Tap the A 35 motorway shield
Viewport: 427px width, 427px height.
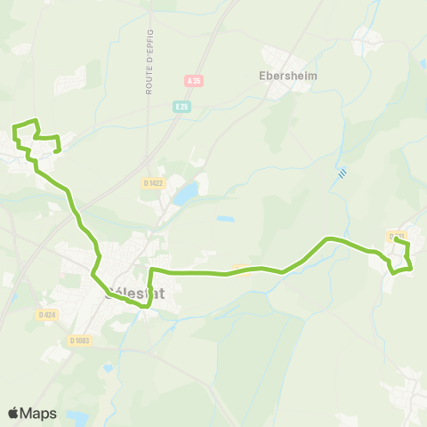click(x=193, y=81)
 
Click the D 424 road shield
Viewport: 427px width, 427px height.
click(x=47, y=314)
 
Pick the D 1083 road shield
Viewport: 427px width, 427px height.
click(x=79, y=340)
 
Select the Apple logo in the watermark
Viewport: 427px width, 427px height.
click(x=14, y=413)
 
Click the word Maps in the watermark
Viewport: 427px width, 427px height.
click(x=39, y=413)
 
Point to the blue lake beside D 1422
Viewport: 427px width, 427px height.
click(x=186, y=195)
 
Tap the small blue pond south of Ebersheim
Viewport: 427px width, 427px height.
click(x=225, y=218)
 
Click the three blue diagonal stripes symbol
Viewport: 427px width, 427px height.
click(x=342, y=173)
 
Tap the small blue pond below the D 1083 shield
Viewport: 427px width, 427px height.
click(x=108, y=367)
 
